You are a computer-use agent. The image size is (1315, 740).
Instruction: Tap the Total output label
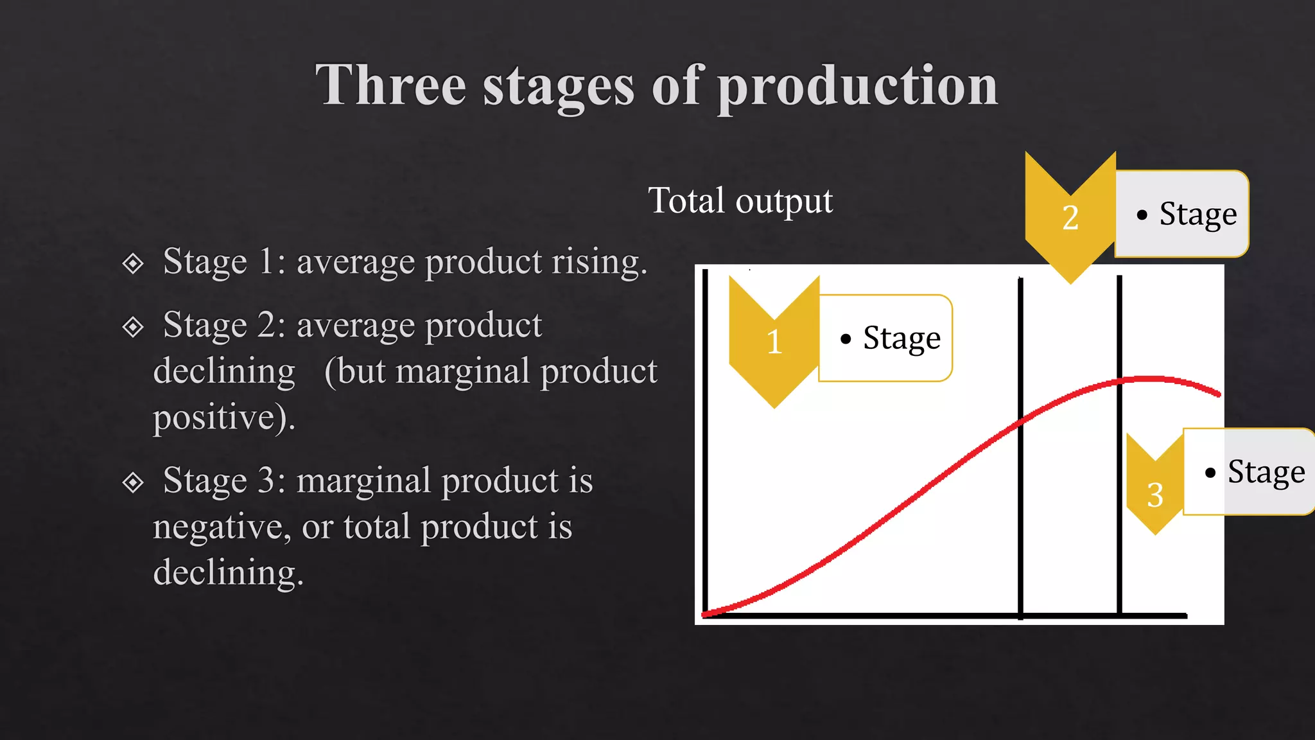pos(740,200)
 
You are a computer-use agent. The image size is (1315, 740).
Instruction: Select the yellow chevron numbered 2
pos(1070,218)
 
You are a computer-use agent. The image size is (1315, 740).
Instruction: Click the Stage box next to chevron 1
pos(886,338)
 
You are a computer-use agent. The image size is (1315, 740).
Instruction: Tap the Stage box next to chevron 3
pos(1249,471)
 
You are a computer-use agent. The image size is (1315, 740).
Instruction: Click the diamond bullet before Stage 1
pos(133,263)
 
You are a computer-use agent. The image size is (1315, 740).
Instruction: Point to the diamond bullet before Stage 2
pos(133,326)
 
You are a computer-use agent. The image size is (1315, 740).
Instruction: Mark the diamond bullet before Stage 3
pos(133,482)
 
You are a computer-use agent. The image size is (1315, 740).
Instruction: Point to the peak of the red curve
pos(1149,378)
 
